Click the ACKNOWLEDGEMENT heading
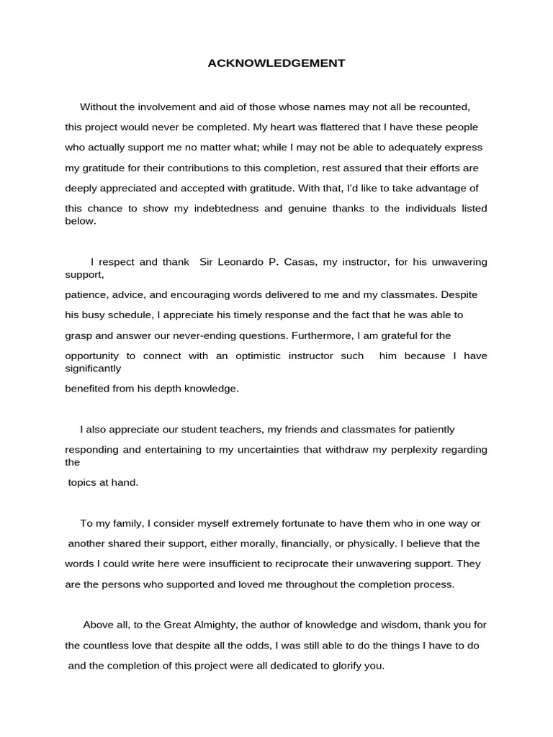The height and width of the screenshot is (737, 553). click(276, 63)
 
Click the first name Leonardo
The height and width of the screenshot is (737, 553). click(241, 262)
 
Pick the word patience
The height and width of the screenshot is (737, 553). click(86, 295)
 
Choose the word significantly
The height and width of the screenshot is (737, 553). click(93, 368)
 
